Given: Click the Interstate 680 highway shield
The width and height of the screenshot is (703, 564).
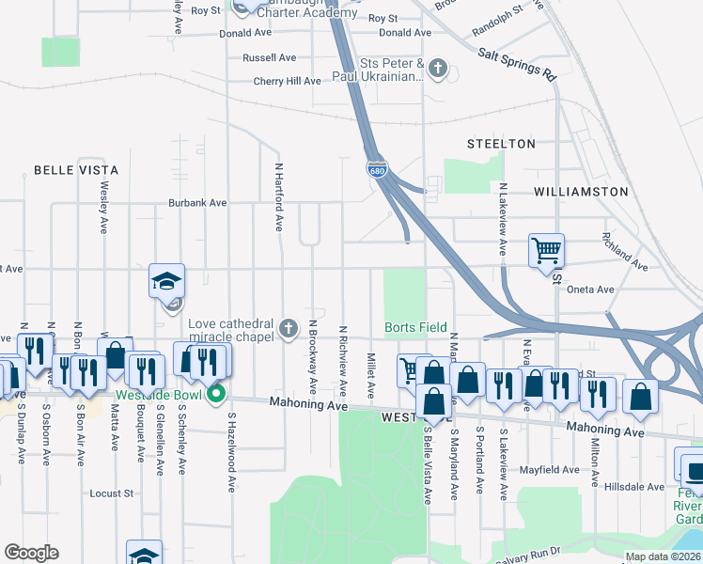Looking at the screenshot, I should (x=377, y=171).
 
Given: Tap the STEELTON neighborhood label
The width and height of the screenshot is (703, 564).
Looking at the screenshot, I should (x=502, y=144).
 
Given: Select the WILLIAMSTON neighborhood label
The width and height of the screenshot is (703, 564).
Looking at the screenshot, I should (x=580, y=191).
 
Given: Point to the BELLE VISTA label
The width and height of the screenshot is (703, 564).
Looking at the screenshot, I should (x=76, y=170).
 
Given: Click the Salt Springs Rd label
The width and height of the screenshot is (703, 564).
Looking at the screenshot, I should (x=517, y=64).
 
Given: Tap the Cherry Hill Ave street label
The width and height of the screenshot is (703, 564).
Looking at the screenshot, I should (x=287, y=82).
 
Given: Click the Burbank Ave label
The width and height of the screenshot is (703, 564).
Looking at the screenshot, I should (x=197, y=202).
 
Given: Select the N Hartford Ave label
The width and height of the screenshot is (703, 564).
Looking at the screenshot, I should (x=279, y=196).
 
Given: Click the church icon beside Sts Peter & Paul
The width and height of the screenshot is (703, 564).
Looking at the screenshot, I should (x=437, y=68).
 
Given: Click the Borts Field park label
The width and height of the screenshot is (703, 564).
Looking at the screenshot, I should (x=415, y=327).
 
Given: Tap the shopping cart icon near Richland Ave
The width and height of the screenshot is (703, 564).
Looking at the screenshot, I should (x=546, y=251).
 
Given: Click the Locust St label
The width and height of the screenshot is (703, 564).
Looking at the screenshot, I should (x=112, y=493).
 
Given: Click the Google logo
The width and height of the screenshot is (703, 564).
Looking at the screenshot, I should (x=31, y=553).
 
